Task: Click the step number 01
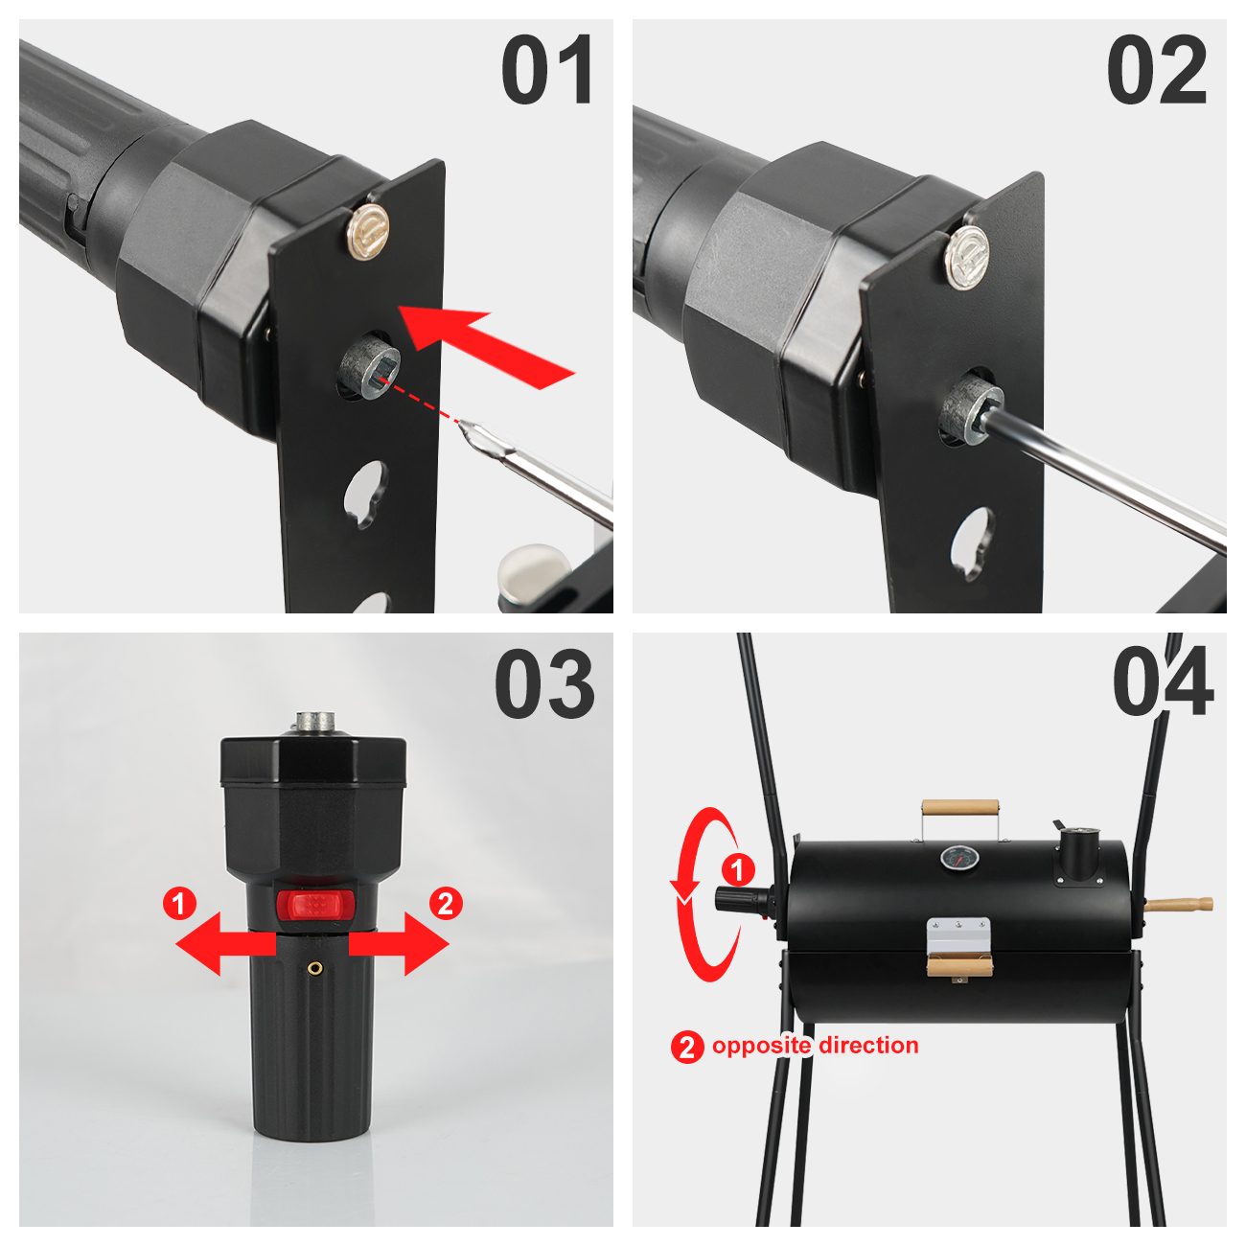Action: [x=547, y=69]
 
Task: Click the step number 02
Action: [x=1157, y=69]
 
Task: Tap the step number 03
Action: [x=544, y=683]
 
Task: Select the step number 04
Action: [x=1163, y=681]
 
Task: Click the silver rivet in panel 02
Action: [x=967, y=258]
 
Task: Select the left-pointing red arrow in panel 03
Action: [x=225, y=943]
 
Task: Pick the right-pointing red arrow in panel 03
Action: [x=399, y=943]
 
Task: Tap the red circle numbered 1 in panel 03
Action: [x=180, y=903]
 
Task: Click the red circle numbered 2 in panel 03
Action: [x=446, y=903]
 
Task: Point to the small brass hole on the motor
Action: [x=315, y=967]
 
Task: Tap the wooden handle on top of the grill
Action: [x=960, y=808]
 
